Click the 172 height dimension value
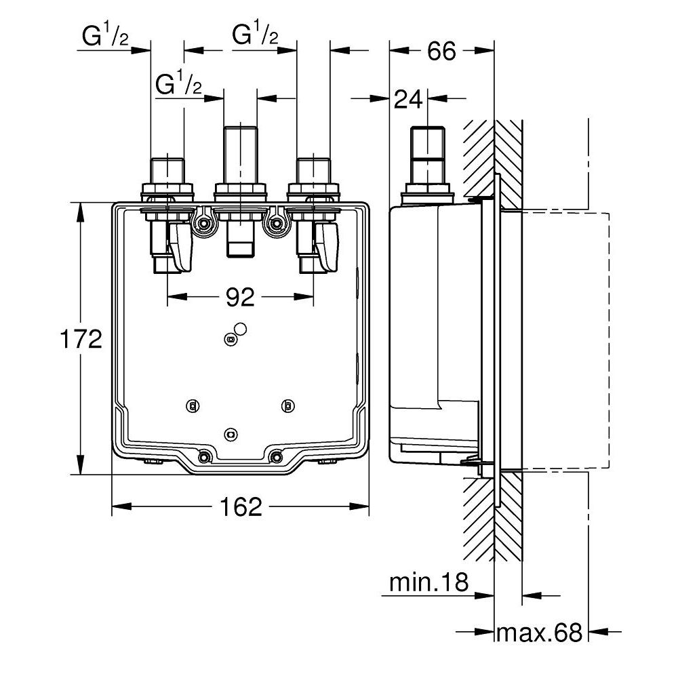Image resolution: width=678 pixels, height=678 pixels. [x=80, y=338]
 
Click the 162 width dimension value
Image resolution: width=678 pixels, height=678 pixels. [x=241, y=506]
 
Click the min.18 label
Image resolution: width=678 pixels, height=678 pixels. [x=428, y=582]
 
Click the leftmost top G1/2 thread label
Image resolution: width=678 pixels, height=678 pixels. [x=106, y=37]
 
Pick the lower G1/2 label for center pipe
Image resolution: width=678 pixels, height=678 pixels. [x=178, y=85]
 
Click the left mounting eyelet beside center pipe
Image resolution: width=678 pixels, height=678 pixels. [x=202, y=223]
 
